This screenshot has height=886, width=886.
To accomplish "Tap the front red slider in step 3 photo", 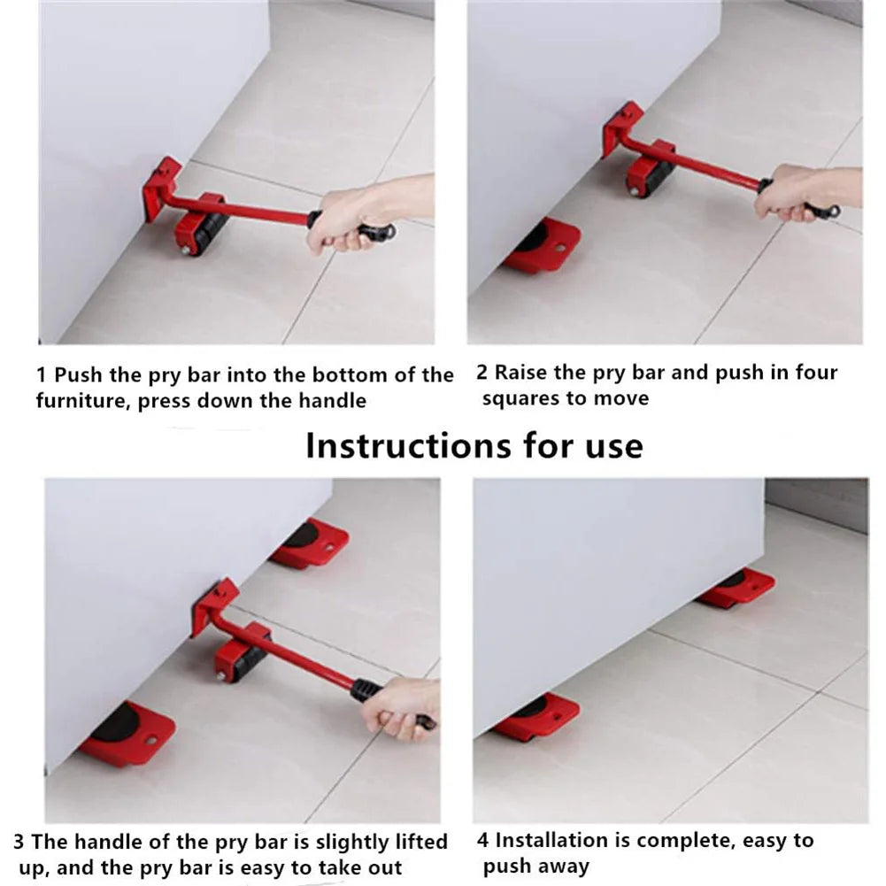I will [x=127, y=734].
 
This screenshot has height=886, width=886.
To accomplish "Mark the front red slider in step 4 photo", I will [x=536, y=717].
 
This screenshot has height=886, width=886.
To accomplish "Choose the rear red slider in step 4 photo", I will [x=736, y=588].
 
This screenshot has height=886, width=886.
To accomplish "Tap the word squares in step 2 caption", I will [x=520, y=398].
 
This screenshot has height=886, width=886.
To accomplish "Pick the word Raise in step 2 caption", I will [x=521, y=373].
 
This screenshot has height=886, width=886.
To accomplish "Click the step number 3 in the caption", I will [x=19, y=841].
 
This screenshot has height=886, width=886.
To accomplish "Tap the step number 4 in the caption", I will [x=482, y=840].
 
